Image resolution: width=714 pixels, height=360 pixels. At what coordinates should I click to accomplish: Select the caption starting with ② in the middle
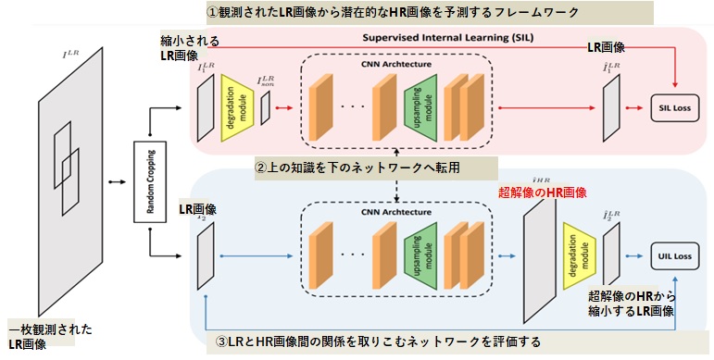tap(358, 168)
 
